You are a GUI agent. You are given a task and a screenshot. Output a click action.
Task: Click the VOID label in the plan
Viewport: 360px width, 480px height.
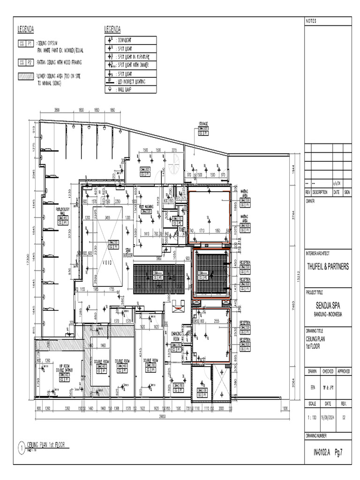(x=108, y=263)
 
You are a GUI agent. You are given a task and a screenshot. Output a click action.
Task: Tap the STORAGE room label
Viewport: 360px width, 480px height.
(x=202, y=124)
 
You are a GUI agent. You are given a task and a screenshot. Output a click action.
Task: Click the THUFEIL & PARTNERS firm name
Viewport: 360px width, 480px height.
(x=328, y=267)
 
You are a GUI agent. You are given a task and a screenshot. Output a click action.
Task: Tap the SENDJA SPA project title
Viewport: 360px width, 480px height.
(x=328, y=306)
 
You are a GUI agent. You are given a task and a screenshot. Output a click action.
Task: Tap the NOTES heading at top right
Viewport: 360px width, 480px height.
(x=311, y=22)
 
